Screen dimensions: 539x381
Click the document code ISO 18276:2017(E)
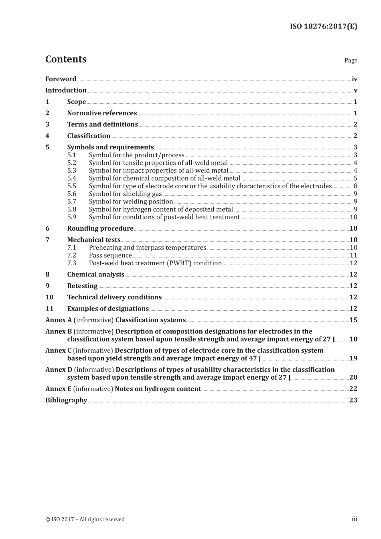[x=323, y=26]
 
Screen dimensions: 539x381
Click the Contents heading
[x=66, y=59]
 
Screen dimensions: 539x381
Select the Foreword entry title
[x=61, y=79]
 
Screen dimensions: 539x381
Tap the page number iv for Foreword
[x=354, y=79]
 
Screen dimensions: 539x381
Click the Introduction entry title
[x=66, y=90]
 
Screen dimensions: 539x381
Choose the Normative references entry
[x=102, y=113]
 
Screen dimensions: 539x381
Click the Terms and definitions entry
[x=102, y=124]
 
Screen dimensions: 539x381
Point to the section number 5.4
[x=71, y=178]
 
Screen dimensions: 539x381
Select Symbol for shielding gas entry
[x=125, y=194]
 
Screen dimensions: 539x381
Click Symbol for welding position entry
[x=131, y=201]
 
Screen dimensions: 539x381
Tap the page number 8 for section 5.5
[x=355, y=186]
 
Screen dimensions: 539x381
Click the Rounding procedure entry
[x=100, y=228]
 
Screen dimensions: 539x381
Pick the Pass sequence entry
[x=110, y=255]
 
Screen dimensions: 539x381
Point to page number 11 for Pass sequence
[x=353, y=255]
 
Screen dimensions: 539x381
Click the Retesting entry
[x=82, y=286]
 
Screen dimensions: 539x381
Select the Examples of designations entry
[x=108, y=309]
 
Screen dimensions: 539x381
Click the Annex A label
[x=59, y=320]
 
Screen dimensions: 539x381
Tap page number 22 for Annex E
[x=353, y=388]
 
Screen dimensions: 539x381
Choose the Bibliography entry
[x=66, y=400]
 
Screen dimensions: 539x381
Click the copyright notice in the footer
[x=85, y=519]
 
